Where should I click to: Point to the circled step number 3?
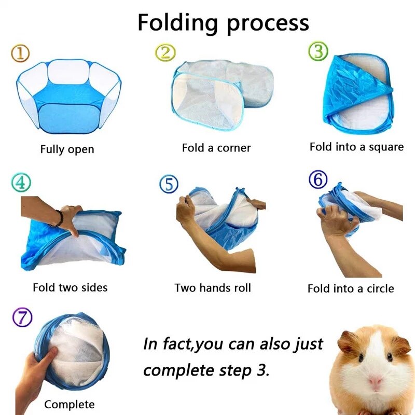318,51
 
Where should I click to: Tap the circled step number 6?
318,179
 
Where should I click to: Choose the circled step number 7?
22,317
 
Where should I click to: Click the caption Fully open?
67,149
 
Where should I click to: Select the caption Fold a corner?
216,148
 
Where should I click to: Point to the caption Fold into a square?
356,147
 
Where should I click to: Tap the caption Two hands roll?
213,287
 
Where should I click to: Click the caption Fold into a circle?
351,288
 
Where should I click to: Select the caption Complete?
70,404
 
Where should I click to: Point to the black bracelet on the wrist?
59,219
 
